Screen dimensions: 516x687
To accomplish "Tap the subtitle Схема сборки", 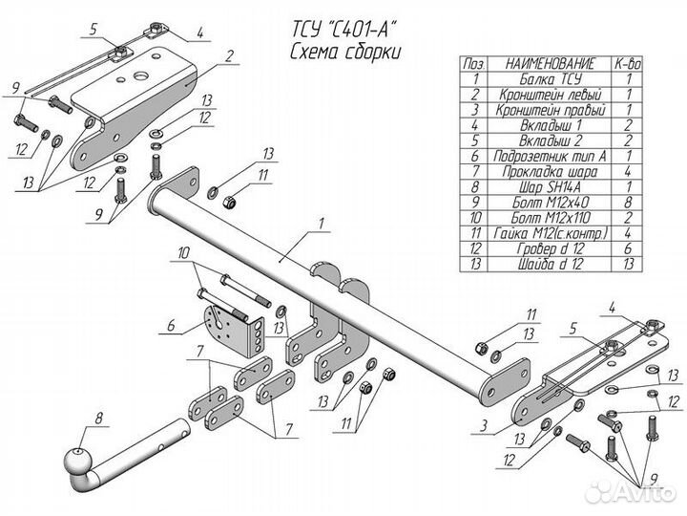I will pos(331,51).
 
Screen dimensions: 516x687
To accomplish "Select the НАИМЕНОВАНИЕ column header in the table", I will pos(552,64).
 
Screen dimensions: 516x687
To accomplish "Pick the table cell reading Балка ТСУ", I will pos(552,79).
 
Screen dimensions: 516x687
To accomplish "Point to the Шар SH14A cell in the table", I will pos(552,186).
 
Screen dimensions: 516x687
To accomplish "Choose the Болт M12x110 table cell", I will pos(552,217).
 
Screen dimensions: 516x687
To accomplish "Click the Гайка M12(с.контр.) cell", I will pos(552,232).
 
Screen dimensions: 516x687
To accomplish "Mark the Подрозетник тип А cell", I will pos(552,156).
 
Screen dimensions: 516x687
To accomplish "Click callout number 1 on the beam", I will pos(322,226).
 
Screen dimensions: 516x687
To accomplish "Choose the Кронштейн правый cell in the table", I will pos(552,110).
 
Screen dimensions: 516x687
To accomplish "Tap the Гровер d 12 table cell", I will pos(552,247).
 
